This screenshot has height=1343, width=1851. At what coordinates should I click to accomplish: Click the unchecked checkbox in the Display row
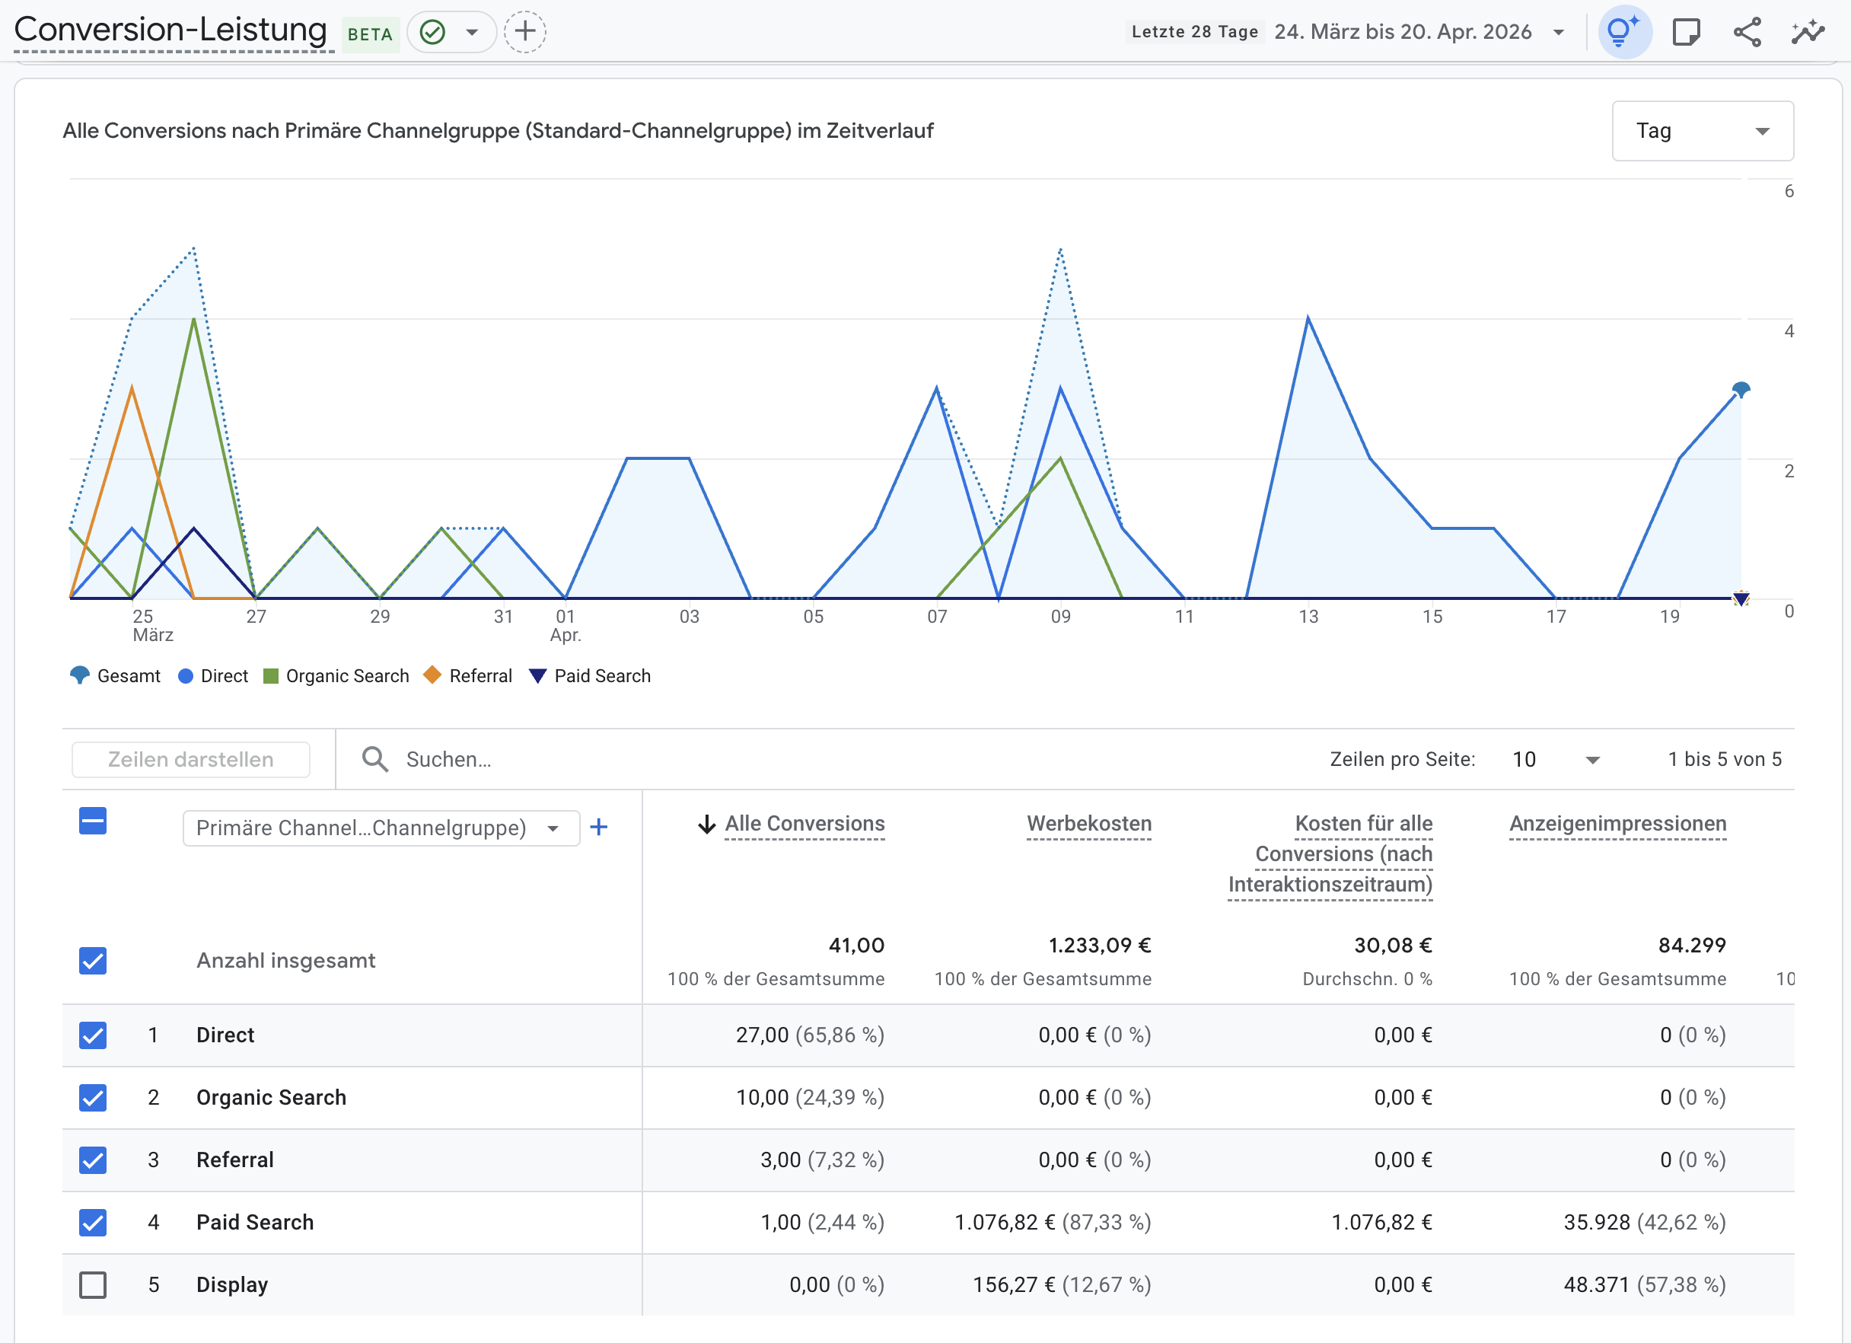[93, 1284]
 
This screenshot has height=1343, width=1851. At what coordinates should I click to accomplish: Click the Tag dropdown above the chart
[1702, 131]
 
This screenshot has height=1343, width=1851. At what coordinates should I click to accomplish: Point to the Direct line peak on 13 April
[1308, 318]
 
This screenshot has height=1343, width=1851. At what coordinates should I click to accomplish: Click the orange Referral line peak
[132, 388]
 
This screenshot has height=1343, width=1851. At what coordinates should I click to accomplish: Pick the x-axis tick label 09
[1060, 617]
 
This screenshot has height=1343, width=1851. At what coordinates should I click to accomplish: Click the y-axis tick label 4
[1788, 330]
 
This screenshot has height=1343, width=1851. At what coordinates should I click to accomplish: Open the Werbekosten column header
[1088, 824]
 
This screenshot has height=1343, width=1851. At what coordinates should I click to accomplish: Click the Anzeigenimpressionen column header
[1617, 824]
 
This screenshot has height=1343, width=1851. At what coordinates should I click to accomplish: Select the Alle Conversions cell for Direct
[809, 1035]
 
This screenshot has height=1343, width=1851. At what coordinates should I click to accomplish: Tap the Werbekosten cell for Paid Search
[1052, 1221]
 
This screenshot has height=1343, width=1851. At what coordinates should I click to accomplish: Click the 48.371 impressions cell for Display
[1644, 1284]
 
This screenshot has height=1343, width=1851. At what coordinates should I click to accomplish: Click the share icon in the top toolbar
[1747, 32]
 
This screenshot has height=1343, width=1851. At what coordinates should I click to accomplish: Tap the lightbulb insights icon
[1623, 32]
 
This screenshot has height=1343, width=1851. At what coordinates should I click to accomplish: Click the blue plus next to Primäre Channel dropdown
[598, 827]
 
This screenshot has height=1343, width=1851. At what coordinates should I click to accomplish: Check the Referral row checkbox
[93, 1160]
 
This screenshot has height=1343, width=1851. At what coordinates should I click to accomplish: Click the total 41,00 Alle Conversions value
[855, 945]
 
